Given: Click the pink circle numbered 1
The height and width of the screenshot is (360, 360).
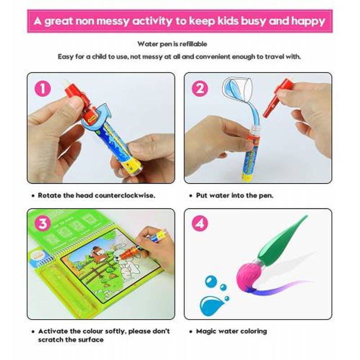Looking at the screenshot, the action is [x=43, y=88].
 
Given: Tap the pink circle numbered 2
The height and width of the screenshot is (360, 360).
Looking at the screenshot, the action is [x=200, y=88].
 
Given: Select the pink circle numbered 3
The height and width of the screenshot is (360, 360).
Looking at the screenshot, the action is [x=43, y=223].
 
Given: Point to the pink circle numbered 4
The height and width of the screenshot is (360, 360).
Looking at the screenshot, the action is [x=200, y=223].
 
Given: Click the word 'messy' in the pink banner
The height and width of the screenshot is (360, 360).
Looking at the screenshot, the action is [x=113, y=21].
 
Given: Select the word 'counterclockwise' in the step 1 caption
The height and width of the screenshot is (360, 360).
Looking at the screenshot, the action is [x=124, y=195].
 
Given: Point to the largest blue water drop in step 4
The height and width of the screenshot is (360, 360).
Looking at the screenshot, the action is [x=211, y=306].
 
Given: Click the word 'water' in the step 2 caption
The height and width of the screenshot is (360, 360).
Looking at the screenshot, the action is [x=219, y=195].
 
